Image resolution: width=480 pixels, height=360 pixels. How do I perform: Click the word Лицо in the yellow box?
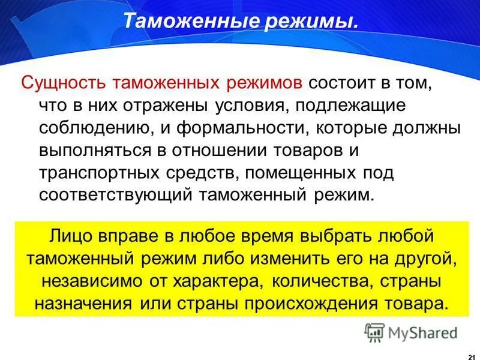pyautogui.click(x=71, y=236)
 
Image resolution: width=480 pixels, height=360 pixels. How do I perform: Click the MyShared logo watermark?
pyautogui.click(x=411, y=332)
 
